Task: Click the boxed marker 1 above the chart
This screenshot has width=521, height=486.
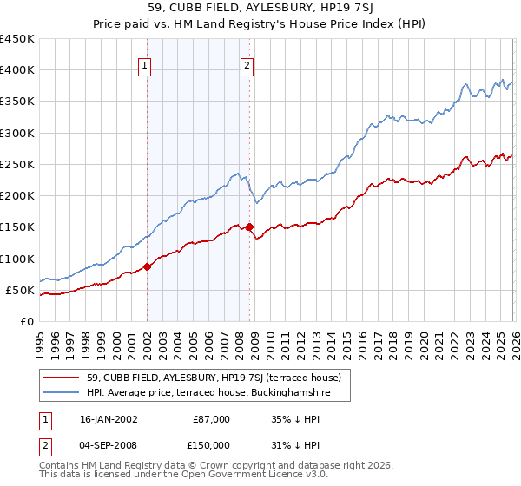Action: [x=144, y=64]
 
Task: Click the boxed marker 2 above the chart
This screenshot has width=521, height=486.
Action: [x=247, y=64]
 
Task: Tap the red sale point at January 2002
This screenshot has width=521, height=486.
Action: [x=147, y=266]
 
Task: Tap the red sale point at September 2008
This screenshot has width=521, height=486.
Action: [x=249, y=227]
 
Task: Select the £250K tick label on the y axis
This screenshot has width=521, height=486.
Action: [x=17, y=164]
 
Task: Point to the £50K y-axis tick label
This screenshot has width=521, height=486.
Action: [x=21, y=290]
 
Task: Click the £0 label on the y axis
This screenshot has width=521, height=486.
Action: [x=28, y=321]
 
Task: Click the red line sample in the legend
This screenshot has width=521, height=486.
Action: [x=63, y=378]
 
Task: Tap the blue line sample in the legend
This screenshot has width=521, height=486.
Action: [x=63, y=393]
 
